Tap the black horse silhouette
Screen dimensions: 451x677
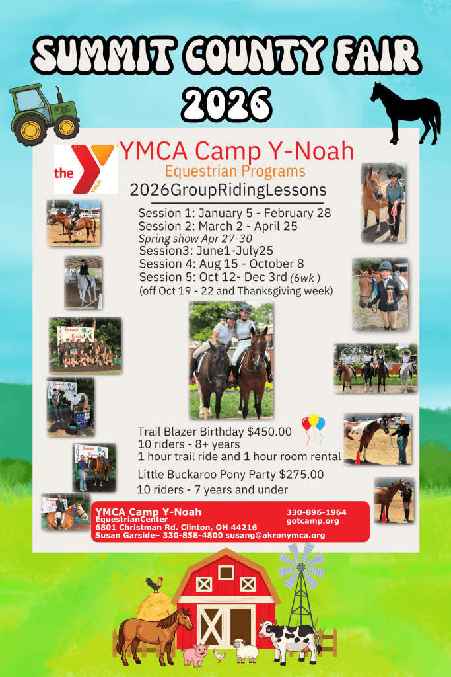405,113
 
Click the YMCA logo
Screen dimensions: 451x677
86,169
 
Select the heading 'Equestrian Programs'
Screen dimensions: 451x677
235,171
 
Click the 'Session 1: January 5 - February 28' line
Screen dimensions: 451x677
234,213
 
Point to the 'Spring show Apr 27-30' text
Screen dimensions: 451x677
195,238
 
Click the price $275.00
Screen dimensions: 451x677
301,474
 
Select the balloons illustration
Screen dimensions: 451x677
313,428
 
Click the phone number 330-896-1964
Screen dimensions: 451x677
316,512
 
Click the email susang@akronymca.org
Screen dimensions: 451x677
275,535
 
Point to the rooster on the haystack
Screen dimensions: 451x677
155,584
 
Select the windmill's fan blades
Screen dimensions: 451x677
301,566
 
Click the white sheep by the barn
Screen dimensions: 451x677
246,651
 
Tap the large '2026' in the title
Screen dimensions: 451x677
226,104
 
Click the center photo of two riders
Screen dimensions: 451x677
231,360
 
